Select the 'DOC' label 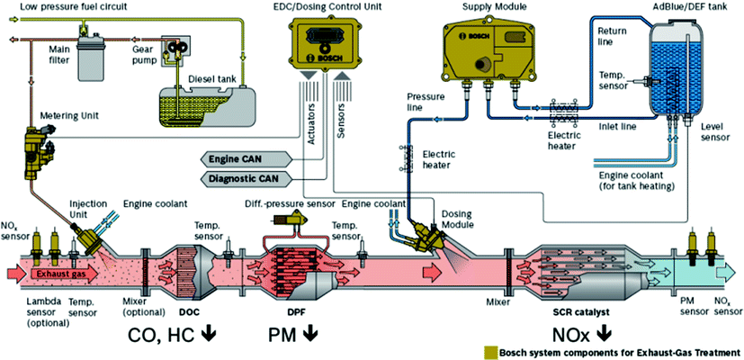point(191,312)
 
